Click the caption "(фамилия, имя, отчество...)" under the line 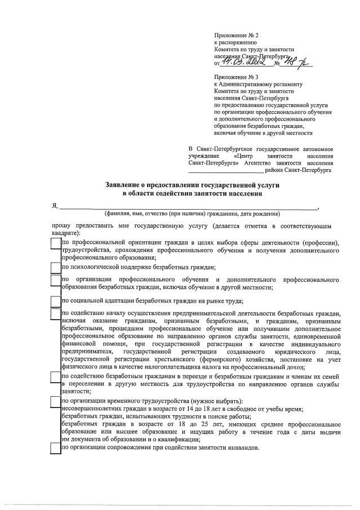tap(192, 214)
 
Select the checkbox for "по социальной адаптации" tap(55, 300)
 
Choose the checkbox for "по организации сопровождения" tap(55, 448)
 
